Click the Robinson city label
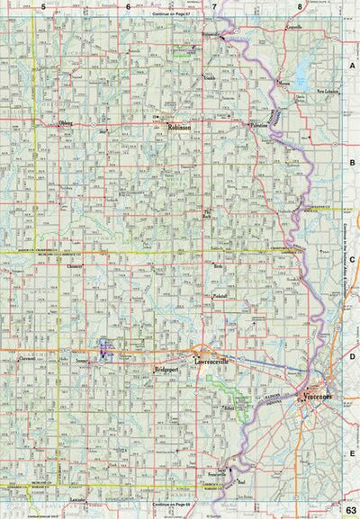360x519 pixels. point(180,129)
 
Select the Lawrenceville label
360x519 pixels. point(213,361)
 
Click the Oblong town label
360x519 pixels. point(65,123)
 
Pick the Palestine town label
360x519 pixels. point(258,128)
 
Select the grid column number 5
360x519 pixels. point(42,7)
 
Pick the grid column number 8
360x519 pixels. point(300,7)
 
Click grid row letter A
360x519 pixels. point(352,67)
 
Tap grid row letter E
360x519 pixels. point(352,455)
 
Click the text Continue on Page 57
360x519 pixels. point(174,16)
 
